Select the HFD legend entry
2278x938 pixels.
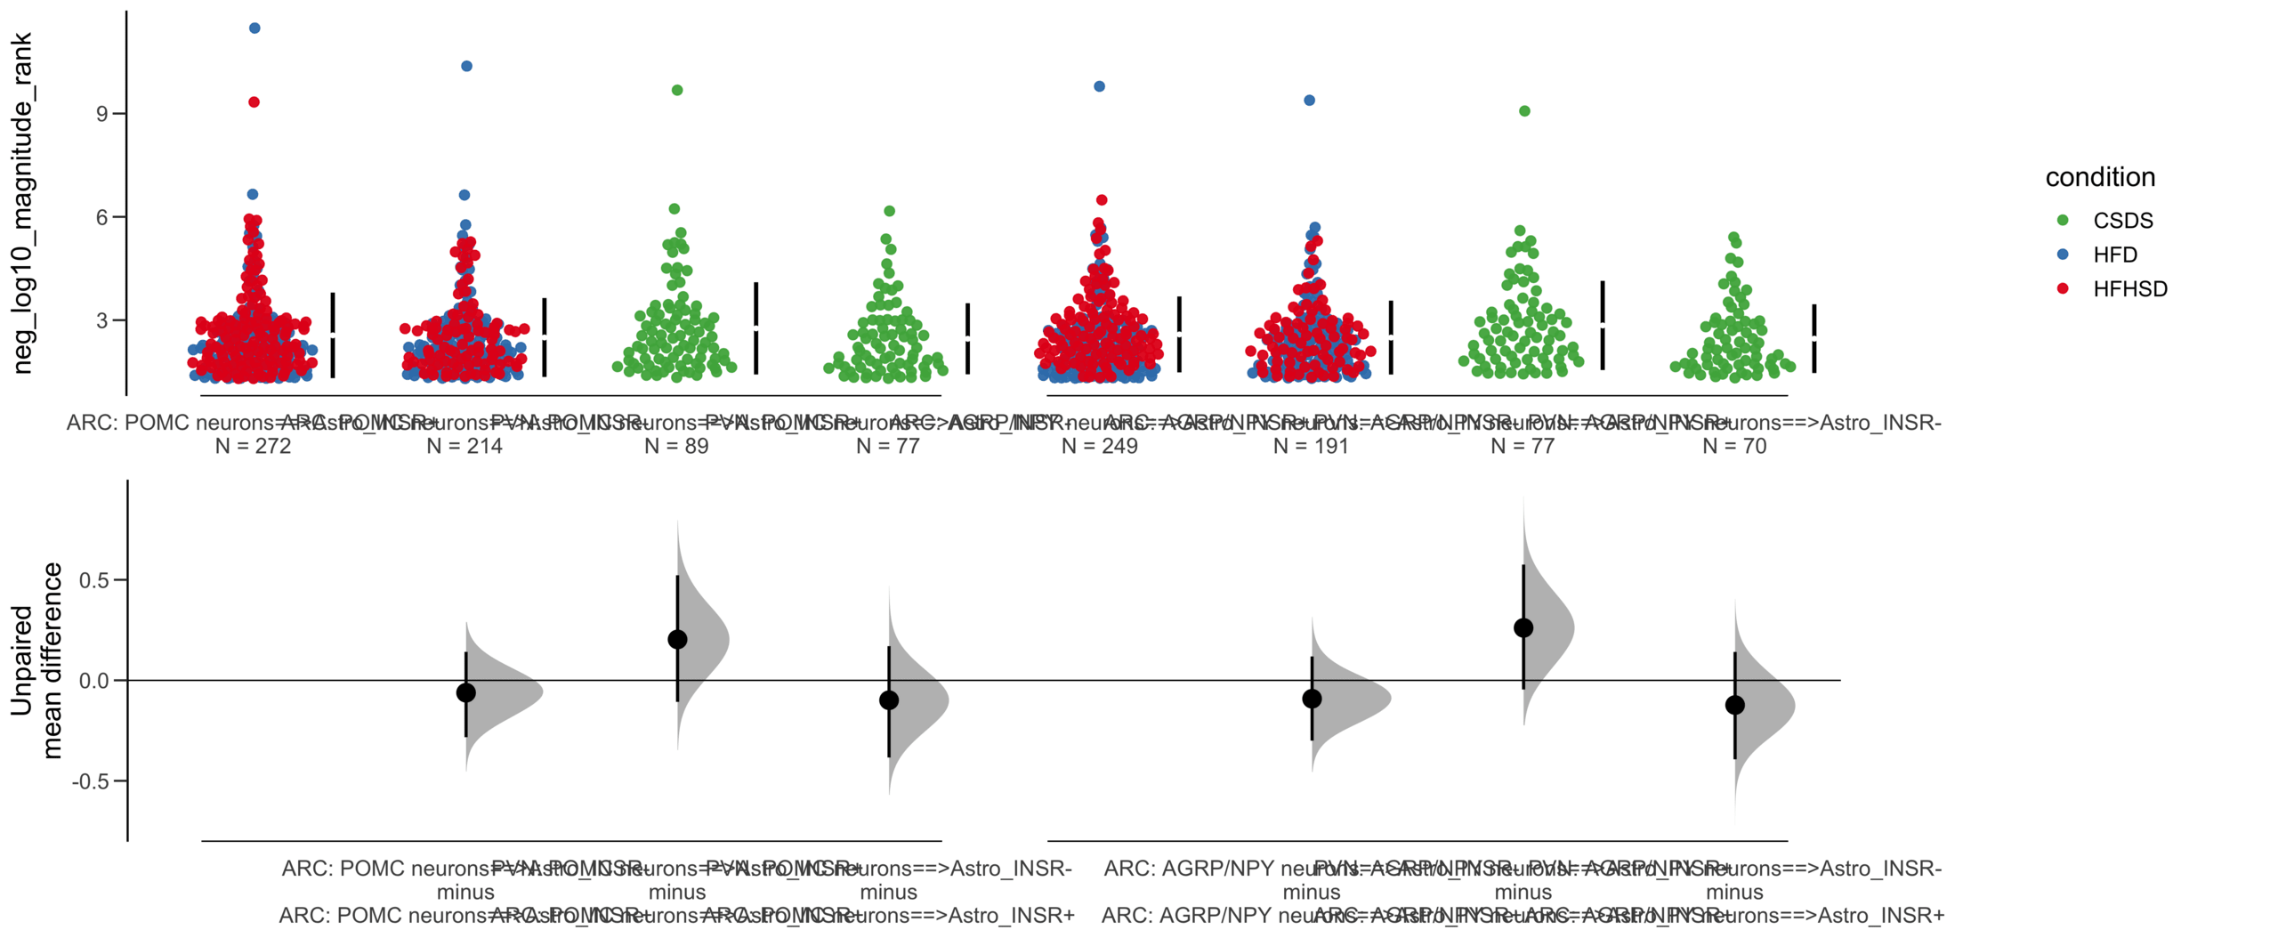pos(2113,255)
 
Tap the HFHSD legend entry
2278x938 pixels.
pos(2129,288)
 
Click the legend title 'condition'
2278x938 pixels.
pos(2099,177)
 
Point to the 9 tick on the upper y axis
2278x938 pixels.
pos(103,114)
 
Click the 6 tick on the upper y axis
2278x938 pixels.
pos(103,217)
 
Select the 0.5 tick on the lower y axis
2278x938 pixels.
pos(93,580)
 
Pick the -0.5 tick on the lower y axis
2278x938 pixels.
pos(91,781)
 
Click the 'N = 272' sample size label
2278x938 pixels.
pos(253,446)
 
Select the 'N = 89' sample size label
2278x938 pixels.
pos(676,446)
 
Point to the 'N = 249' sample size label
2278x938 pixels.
pos(1099,446)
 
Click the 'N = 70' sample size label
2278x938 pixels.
pos(1733,446)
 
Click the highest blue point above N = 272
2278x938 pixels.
pos(254,28)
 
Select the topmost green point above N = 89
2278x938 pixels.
pos(677,90)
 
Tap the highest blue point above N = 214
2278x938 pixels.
pos(466,66)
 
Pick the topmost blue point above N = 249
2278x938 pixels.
pos(1100,86)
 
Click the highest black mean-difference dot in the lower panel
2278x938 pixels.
pos(1523,628)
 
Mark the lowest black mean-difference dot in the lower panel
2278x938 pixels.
pos(1734,705)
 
